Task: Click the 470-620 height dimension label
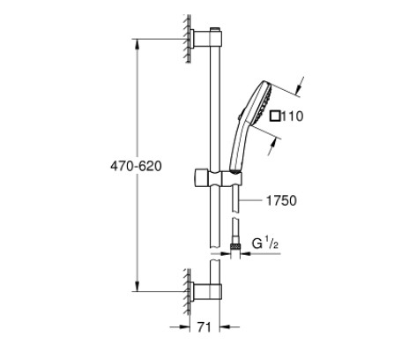[x=136, y=167]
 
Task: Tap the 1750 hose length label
[x=281, y=200]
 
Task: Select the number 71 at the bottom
[x=204, y=326]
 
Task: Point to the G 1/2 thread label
[x=265, y=244]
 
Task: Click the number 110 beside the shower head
[x=293, y=116]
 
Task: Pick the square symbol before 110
[x=275, y=116]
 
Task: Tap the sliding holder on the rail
[x=218, y=177]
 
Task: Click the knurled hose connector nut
[x=234, y=247]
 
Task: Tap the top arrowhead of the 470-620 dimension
[x=137, y=44]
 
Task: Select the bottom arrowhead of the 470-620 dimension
[x=137, y=286]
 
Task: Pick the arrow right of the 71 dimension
[x=229, y=326]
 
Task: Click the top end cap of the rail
[x=215, y=29]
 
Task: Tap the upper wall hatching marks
[x=187, y=38]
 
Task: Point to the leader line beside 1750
[x=250, y=200]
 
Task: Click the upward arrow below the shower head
[x=272, y=147]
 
